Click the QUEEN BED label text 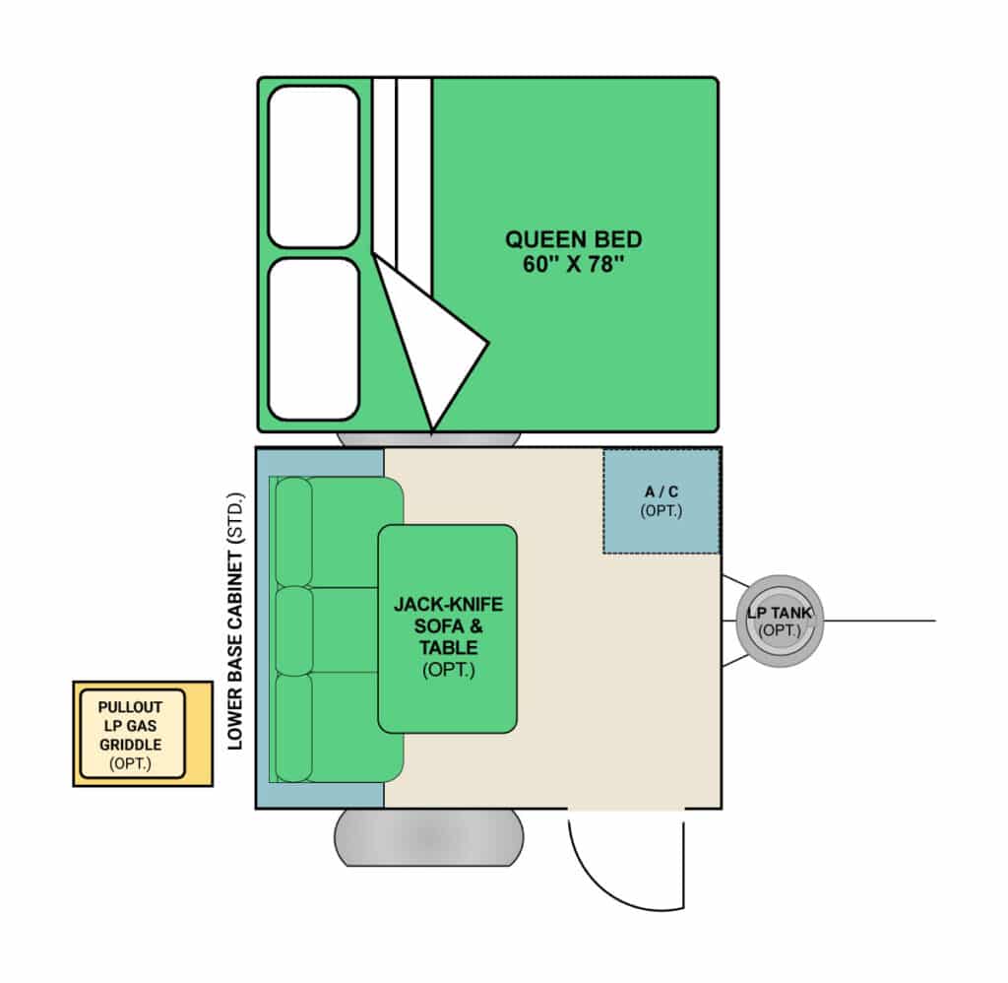(574, 239)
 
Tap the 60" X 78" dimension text (574, 264)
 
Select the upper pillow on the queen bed (314, 166)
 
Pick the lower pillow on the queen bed (314, 339)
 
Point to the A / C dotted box (661, 501)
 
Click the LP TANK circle (780, 621)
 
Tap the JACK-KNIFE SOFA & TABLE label (448, 636)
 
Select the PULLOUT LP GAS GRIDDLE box (143, 734)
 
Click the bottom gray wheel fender (429, 837)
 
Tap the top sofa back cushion (293, 532)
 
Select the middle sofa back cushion (293, 631)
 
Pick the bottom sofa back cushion (293, 728)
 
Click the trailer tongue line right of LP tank (879, 621)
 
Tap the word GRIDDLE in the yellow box (131, 745)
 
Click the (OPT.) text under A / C (661, 511)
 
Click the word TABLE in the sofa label (448, 647)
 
